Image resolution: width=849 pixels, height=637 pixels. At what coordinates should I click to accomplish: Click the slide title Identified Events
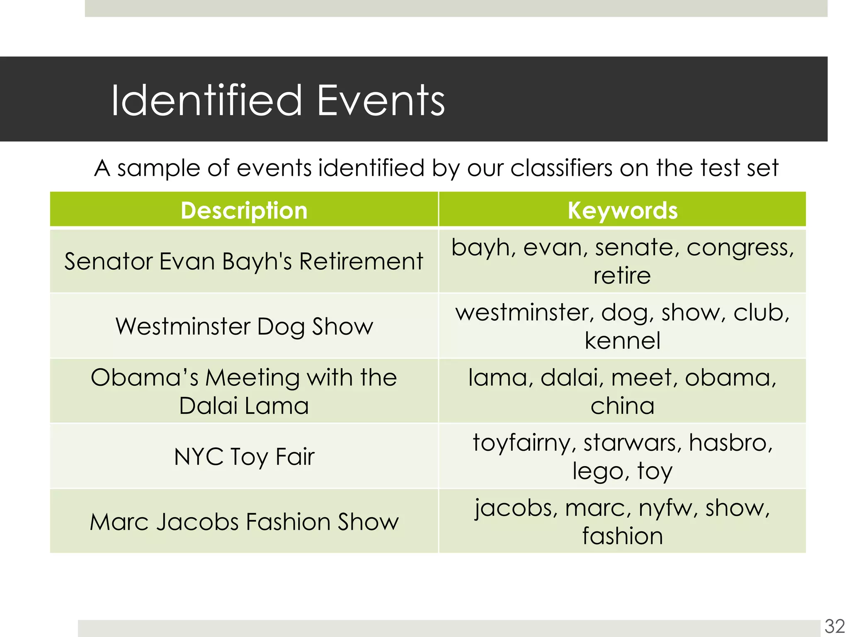pyautogui.click(x=278, y=100)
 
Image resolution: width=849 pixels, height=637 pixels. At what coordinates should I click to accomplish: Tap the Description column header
pyautogui.click(x=244, y=210)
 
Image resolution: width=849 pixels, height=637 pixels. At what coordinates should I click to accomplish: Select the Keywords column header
pyautogui.click(x=622, y=210)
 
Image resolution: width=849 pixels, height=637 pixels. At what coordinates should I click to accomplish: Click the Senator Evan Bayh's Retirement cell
pyautogui.click(x=244, y=262)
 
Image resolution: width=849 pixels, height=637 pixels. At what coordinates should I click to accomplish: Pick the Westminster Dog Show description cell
pyautogui.click(x=244, y=326)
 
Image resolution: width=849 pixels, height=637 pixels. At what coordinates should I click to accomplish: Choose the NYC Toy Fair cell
pyautogui.click(x=244, y=457)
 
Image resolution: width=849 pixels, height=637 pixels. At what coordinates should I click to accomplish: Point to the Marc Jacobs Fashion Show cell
pyautogui.click(x=244, y=522)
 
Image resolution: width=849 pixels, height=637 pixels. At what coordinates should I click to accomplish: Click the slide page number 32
pyautogui.click(x=834, y=626)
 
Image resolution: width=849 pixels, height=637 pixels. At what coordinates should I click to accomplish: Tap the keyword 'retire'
pyautogui.click(x=622, y=276)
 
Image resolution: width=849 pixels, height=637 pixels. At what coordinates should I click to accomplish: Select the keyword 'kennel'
pyautogui.click(x=622, y=341)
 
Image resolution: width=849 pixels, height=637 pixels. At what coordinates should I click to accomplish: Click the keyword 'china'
pyautogui.click(x=622, y=406)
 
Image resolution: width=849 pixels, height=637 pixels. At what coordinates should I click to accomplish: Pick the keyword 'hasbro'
pyautogui.click(x=730, y=442)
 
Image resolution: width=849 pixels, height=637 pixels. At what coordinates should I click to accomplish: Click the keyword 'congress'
pyautogui.click(x=740, y=248)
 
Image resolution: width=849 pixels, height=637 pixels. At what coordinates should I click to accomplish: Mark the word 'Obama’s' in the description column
pyautogui.click(x=145, y=378)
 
